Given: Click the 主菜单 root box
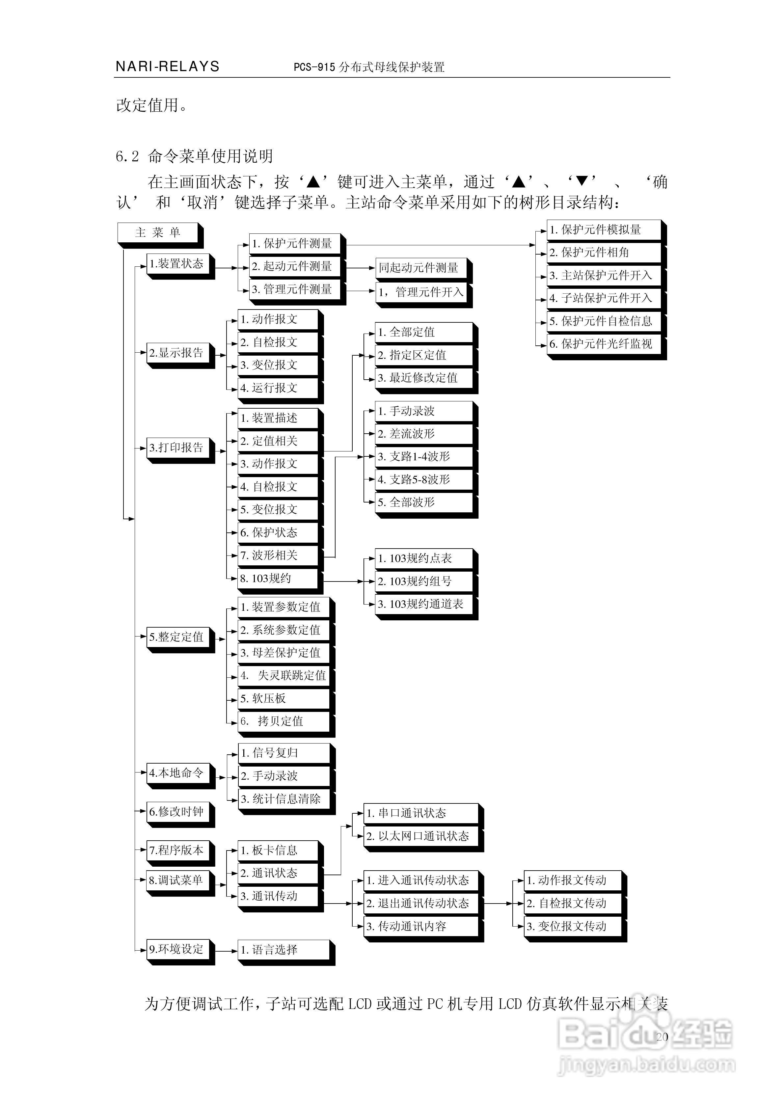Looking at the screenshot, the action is click(x=158, y=233).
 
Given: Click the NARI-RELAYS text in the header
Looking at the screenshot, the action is click(x=168, y=67).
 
